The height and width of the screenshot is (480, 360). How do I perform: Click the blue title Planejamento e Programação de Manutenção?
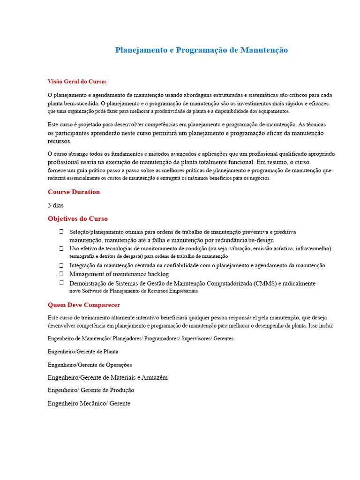click(202, 50)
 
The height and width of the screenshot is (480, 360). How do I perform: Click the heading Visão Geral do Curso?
click(77, 82)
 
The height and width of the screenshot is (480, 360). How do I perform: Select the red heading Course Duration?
click(74, 192)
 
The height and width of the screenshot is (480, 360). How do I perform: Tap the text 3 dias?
click(55, 205)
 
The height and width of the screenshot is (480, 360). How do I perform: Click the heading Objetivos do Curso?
click(77, 218)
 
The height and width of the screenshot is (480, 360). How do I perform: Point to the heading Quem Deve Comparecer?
click(84, 305)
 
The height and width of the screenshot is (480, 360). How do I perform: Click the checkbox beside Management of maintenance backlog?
click(61, 274)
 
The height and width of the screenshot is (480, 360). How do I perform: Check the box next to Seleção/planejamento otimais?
click(61, 232)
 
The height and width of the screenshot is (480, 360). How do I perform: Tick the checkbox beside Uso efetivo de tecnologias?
click(61, 248)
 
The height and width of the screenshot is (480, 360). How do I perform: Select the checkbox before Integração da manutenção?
click(61, 265)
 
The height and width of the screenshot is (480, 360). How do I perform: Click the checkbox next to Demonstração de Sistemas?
click(61, 283)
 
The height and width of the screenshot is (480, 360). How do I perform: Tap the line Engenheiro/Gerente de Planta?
click(83, 351)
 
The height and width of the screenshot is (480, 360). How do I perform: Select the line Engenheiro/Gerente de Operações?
click(90, 365)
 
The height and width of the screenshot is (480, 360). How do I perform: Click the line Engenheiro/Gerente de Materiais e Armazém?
click(107, 377)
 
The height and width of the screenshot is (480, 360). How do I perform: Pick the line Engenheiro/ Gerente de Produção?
click(91, 390)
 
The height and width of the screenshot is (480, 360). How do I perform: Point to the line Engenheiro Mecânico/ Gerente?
click(89, 403)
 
